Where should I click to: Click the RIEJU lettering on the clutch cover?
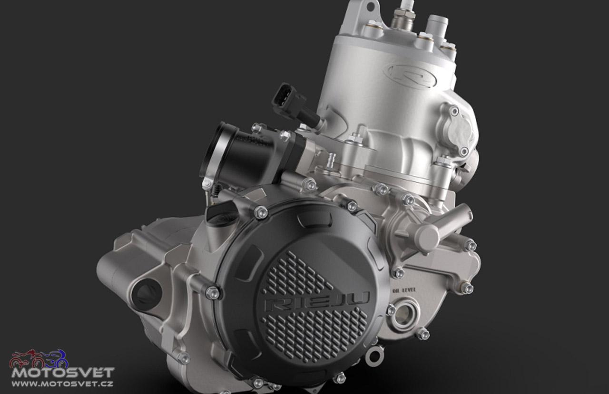[317, 301]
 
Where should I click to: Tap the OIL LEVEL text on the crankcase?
[404, 290]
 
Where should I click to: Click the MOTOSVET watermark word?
[62, 373]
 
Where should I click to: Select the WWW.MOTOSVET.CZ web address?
[62, 384]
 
